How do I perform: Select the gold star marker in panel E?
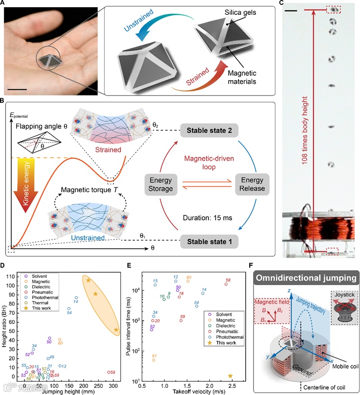[230, 376]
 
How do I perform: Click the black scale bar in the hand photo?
[20, 88]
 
